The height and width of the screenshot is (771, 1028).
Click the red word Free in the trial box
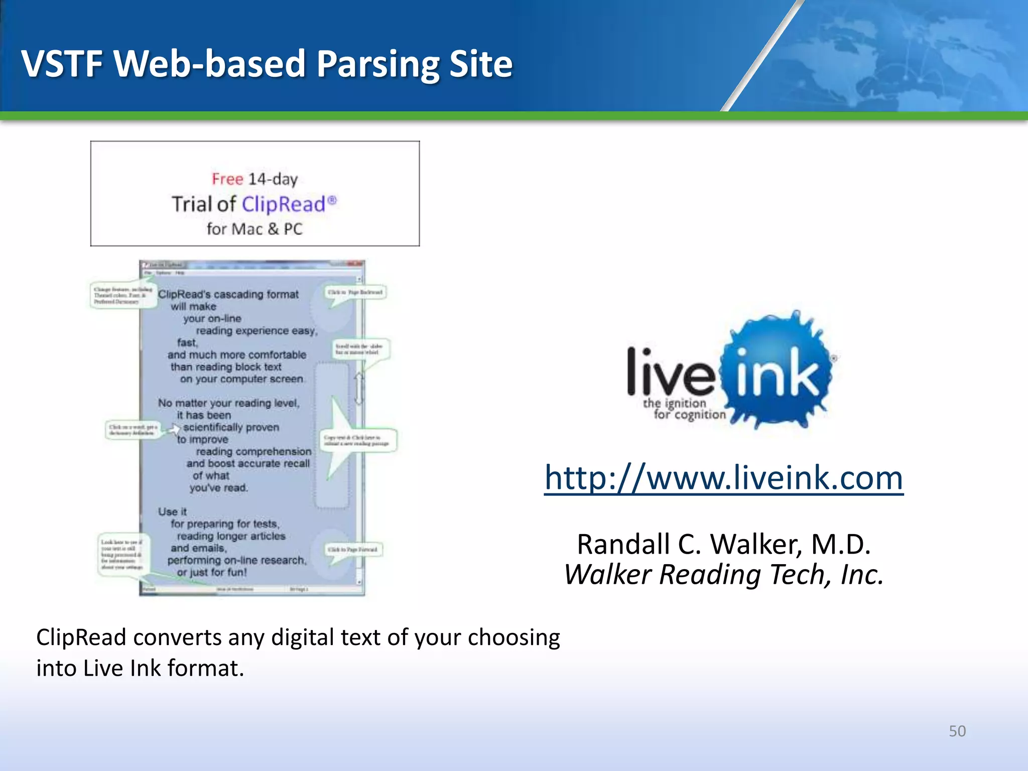coord(227,179)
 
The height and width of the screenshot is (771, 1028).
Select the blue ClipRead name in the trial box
coord(284,204)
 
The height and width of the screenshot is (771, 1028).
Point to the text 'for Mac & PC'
coord(254,229)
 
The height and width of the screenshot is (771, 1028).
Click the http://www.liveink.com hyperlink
coord(723,477)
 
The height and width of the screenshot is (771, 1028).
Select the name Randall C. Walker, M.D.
coord(723,544)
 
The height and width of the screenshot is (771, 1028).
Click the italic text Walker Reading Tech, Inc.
coord(723,575)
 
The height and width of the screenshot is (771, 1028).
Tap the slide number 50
coord(957,731)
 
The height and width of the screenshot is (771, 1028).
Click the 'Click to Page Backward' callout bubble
coord(355,292)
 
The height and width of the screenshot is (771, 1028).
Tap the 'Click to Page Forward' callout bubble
coord(352,550)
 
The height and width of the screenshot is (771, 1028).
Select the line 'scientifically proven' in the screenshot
coord(231,427)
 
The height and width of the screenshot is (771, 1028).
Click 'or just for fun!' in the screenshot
coord(211,572)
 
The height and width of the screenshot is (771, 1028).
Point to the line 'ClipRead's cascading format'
coord(228,295)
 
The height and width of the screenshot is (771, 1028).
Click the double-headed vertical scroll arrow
coord(359,388)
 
